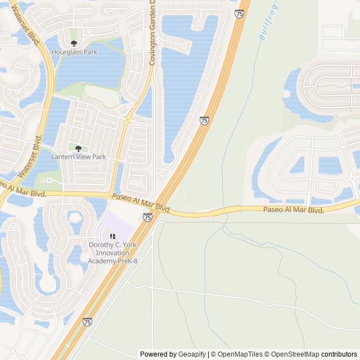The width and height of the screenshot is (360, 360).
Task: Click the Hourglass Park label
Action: [74, 52]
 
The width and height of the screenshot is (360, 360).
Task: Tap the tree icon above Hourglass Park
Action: [74, 43]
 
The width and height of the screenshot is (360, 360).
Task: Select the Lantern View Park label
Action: [78, 157]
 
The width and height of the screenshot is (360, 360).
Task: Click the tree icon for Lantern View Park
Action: [78, 148]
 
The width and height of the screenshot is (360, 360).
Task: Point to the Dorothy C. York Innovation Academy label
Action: [112, 253]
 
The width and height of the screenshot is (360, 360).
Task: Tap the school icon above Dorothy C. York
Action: [112, 237]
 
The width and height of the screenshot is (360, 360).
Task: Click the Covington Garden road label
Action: [152, 34]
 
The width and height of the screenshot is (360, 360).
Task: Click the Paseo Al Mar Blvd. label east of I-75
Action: [294, 210]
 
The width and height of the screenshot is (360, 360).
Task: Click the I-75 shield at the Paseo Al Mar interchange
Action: [147, 217]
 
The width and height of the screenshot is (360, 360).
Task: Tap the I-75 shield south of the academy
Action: [87, 322]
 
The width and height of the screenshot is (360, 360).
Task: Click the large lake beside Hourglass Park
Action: [90, 70]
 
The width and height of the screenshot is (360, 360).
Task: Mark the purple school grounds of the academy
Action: [121, 225]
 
